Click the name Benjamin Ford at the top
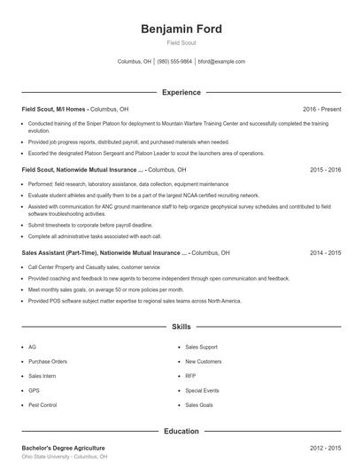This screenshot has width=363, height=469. tap(181, 28)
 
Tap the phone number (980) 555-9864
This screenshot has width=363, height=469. tap(175, 62)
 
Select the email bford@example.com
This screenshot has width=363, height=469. tap(221, 62)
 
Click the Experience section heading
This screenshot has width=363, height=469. tap(181, 92)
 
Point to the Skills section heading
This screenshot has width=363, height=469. tap(181, 327)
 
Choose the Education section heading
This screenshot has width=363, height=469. tap(181, 431)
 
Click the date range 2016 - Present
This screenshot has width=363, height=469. tap(321, 109)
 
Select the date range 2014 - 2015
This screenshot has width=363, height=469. tap(326, 252)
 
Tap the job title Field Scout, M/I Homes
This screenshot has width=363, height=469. tap(53, 109)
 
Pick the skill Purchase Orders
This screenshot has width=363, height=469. tap(48, 361)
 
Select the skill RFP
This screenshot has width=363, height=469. tap(190, 375)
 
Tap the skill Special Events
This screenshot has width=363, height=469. tap(202, 389)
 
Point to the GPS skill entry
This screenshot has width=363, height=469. tap(34, 389)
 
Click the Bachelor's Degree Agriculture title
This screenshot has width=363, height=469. tap(63, 449)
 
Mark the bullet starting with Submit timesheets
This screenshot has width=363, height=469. tap(78, 225)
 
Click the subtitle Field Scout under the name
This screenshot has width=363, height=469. tap(181, 42)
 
